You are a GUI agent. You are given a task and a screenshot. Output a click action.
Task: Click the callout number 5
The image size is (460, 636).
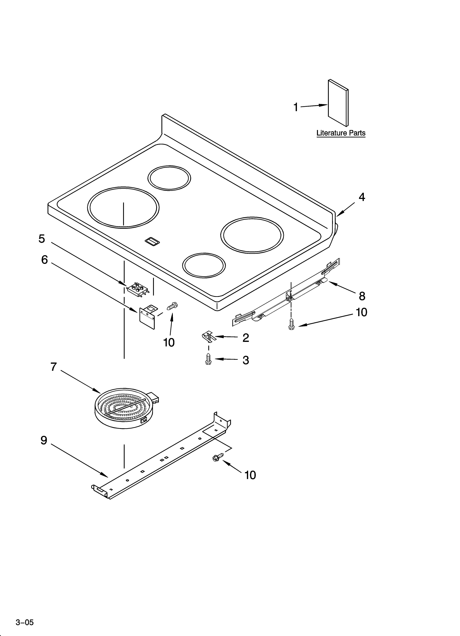click(x=42, y=239)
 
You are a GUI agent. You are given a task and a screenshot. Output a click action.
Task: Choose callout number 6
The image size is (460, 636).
click(x=45, y=260)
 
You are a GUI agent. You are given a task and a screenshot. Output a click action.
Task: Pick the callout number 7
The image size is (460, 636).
click(x=53, y=366)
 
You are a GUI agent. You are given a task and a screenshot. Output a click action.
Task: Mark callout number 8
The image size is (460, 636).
click(x=362, y=296)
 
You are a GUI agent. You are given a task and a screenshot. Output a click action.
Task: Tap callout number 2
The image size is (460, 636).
click(x=246, y=338)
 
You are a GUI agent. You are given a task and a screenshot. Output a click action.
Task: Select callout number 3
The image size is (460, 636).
click(x=246, y=360)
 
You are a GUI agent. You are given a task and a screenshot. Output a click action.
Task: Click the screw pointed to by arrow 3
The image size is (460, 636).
click(x=208, y=359)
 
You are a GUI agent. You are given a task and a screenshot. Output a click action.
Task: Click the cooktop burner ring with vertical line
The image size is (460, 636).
click(x=123, y=207)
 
